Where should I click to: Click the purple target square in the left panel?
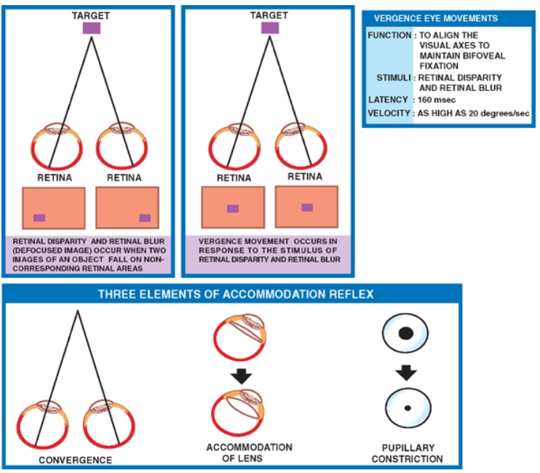coord(92,28)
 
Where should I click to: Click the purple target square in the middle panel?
coord(270,28)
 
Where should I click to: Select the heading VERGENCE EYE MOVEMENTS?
coord(446,18)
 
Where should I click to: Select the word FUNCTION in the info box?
coord(389,35)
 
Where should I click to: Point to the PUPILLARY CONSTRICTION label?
coord(407,453)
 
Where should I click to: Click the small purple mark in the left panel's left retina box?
coord(39,218)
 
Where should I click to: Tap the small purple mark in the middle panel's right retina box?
coord(307,207)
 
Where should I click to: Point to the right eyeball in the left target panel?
coord(119,148)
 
